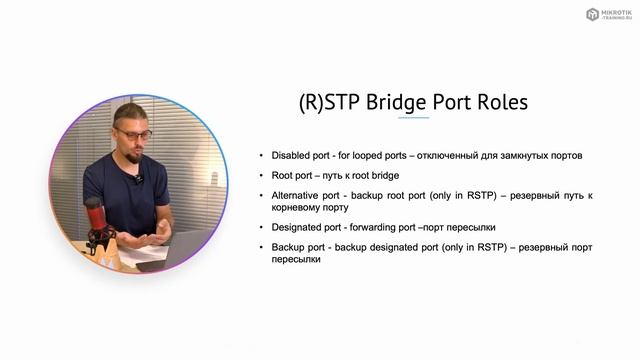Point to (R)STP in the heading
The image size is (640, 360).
[326, 102]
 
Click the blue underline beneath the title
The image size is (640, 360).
[414, 118]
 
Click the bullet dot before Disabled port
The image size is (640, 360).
[262, 155]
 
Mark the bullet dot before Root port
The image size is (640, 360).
[262, 175]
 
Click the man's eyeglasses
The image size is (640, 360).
[132, 134]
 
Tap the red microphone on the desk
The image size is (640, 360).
[94, 216]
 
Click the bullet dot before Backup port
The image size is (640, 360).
[262, 246]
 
